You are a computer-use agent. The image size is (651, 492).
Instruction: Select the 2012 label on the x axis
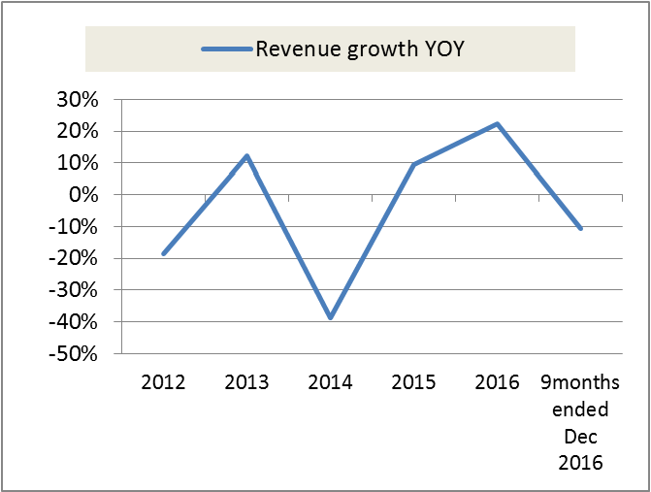163,382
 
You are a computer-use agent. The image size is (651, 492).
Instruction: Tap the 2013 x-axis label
246,382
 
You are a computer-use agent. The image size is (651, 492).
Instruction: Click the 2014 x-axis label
330,382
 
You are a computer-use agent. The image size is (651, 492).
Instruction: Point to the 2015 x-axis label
413,382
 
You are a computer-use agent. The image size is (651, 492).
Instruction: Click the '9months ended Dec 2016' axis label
580,421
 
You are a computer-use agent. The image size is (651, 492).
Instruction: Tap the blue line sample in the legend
225,49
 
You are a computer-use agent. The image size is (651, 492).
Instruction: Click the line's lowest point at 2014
330,317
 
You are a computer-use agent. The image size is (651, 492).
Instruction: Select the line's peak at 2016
497,124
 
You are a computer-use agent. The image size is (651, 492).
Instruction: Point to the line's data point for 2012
163,253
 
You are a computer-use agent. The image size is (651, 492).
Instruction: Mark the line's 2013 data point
246,156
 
